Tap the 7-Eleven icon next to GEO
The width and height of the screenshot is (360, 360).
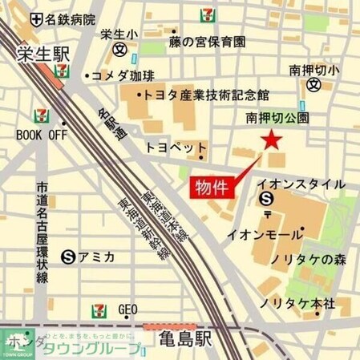pos(99,309)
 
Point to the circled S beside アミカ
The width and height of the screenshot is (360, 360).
pos(69,257)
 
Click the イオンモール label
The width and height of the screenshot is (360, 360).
pos(260,235)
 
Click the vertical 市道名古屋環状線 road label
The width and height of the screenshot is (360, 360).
pos(42,233)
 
